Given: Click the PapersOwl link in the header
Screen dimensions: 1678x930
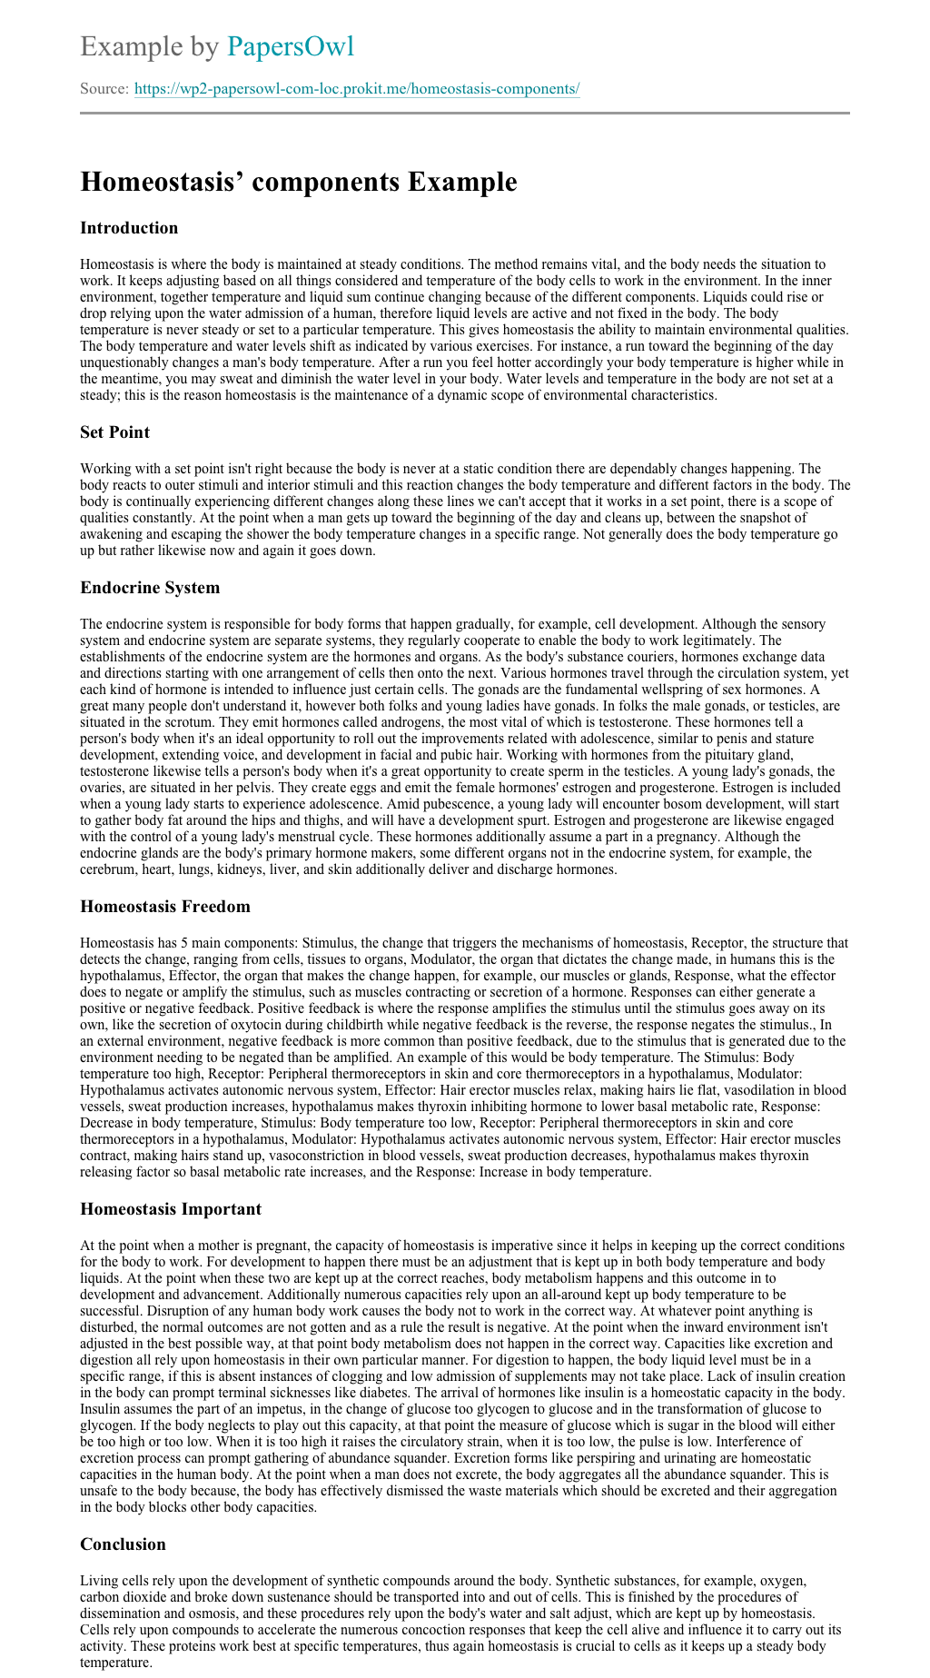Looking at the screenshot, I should tap(290, 46).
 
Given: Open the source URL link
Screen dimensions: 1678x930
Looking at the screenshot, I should tap(357, 89).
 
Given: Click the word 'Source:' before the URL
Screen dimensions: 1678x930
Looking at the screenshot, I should tap(104, 89).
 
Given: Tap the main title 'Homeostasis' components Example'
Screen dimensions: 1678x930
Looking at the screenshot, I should tap(298, 182).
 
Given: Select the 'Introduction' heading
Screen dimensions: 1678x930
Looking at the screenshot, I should tap(129, 228).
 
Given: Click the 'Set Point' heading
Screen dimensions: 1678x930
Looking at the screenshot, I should tap(114, 432).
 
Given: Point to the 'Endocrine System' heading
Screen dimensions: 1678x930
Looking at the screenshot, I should tap(150, 588).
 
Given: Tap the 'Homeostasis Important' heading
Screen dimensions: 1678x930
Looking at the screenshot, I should tap(171, 1209).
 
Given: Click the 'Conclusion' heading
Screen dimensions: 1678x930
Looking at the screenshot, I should tap(123, 1544).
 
